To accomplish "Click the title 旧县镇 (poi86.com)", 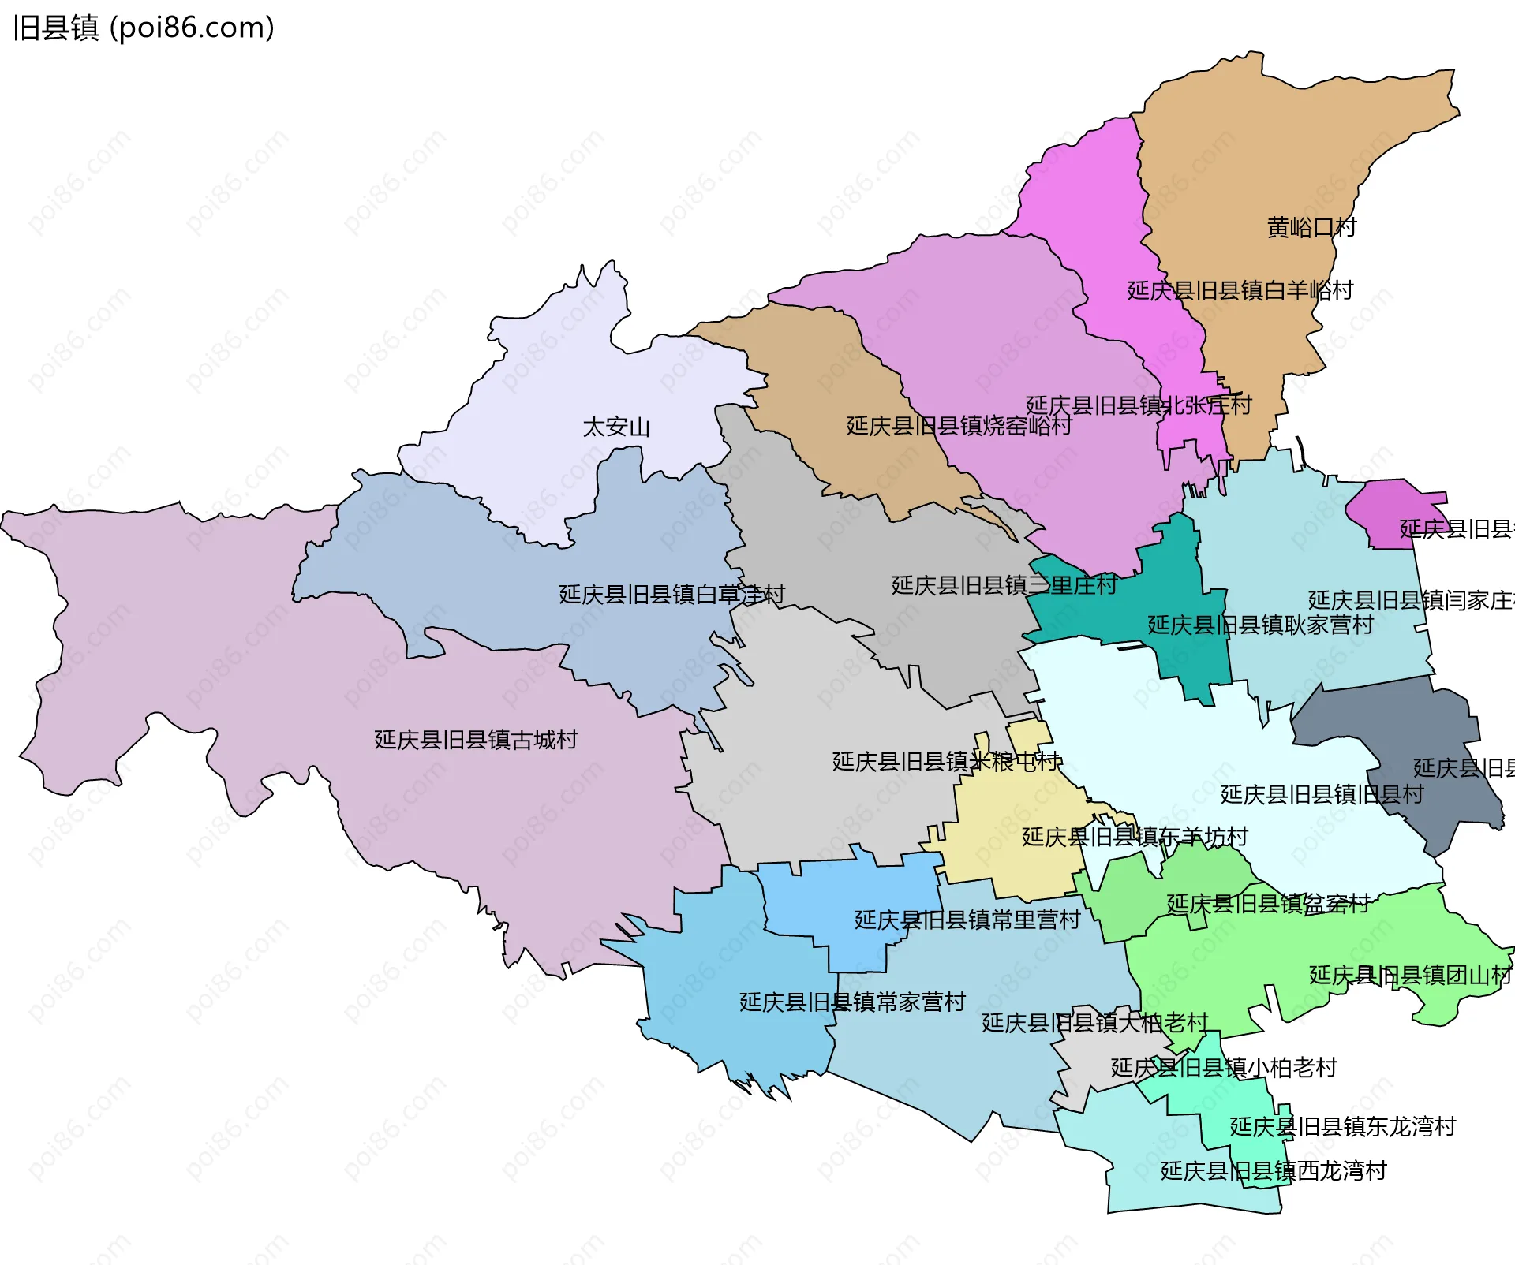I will coord(144,28).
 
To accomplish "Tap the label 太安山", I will coord(616,427).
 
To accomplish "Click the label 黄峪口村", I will coord(1311,228).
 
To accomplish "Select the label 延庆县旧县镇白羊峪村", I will coord(1240,291).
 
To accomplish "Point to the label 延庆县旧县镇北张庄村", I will coord(1139,405).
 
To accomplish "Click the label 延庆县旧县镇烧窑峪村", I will coord(959,426).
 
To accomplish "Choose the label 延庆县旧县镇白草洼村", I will coord(671,595).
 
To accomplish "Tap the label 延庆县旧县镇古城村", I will coord(476,740).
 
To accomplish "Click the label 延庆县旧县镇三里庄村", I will coord(1004,585).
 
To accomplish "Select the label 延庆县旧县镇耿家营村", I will coord(1260,625).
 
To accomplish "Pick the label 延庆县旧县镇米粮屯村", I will coord(947,762).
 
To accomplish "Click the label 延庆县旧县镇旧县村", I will coord(1322,794).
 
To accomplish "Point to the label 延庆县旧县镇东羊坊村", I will coord(1135,837).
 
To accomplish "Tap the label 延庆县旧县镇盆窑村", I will coord(1268,904).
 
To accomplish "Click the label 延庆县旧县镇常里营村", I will coord(967,920).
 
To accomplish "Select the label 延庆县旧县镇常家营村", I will coord(852,1002).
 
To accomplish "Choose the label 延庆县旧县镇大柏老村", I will coord(1094,1023).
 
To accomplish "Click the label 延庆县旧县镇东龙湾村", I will coord(1342,1127).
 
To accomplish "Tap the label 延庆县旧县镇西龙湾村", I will coord(1273,1171).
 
